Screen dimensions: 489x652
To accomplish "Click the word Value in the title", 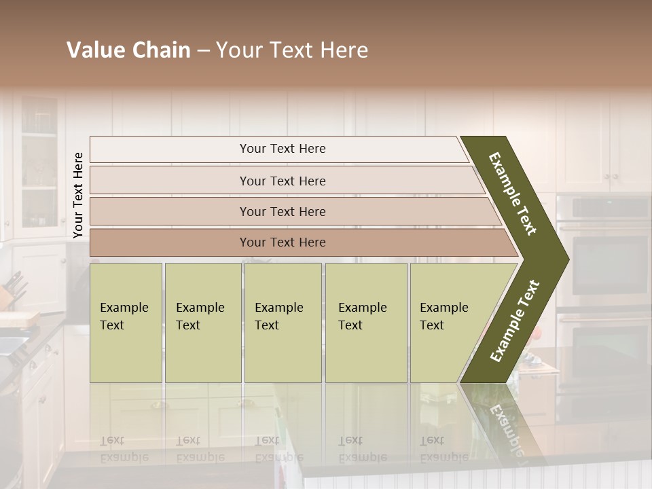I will pyautogui.click(x=95, y=50).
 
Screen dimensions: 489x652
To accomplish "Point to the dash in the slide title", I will pyautogui.click(x=203, y=51).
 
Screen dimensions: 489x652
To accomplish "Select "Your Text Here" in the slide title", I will pyautogui.click(x=292, y=50).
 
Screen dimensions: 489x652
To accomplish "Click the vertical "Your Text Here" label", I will pyautogui.click(x=78, y=195).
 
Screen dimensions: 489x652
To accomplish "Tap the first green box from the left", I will pyautogui.click(x=126, y=323).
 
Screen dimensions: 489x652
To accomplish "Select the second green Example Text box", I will pyautogui.click(x=202, y=323).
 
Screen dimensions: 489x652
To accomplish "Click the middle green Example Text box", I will pyautogui.click(x=283, y=323).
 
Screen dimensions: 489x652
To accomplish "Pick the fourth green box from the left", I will pyautogui.click(x=365, y=323).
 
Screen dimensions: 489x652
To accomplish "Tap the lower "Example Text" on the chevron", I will pyautogui.click(x=514, y=321).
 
